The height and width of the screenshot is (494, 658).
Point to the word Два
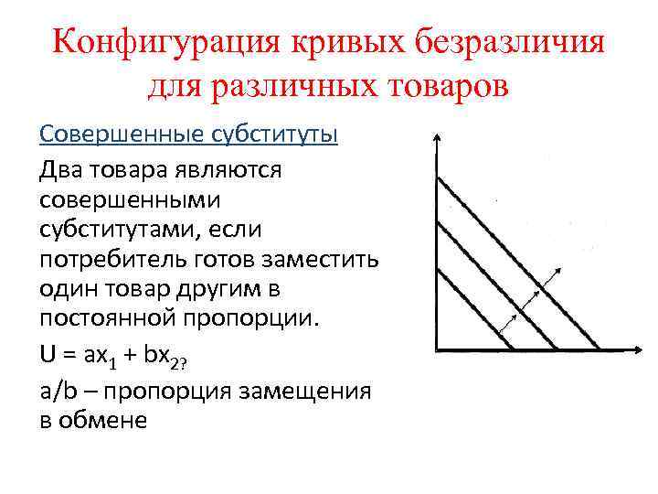pyautogui.click(x=60, y=170)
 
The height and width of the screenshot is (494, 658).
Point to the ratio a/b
pyautogui.click(x=58, y=391)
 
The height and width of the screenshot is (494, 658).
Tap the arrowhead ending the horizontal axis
pyautogui.click(x=636, y=349)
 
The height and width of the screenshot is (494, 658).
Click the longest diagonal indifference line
pyautogui.click(x=516, y=262)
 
